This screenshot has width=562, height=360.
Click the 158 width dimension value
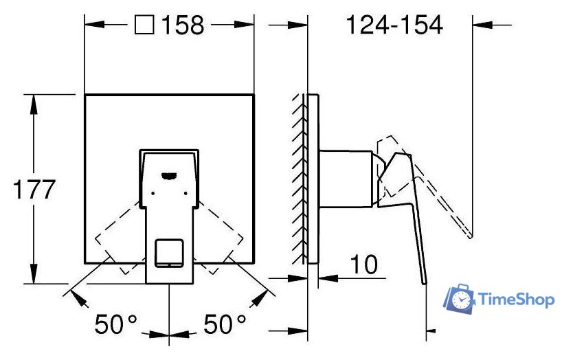pos(183,25)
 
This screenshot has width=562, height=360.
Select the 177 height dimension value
pos(34,190)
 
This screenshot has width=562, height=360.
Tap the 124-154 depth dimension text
pos(394,25)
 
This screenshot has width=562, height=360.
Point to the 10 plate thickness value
pos(364,265)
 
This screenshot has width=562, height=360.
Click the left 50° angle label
pos(116,324)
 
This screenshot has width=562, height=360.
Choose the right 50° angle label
pos(225,324)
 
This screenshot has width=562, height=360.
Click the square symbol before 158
pos(144,25)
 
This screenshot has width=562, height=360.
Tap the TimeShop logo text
pos(517,300)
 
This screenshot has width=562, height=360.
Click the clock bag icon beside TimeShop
pos(459,298)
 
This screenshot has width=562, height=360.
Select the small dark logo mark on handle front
pos(169,176)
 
